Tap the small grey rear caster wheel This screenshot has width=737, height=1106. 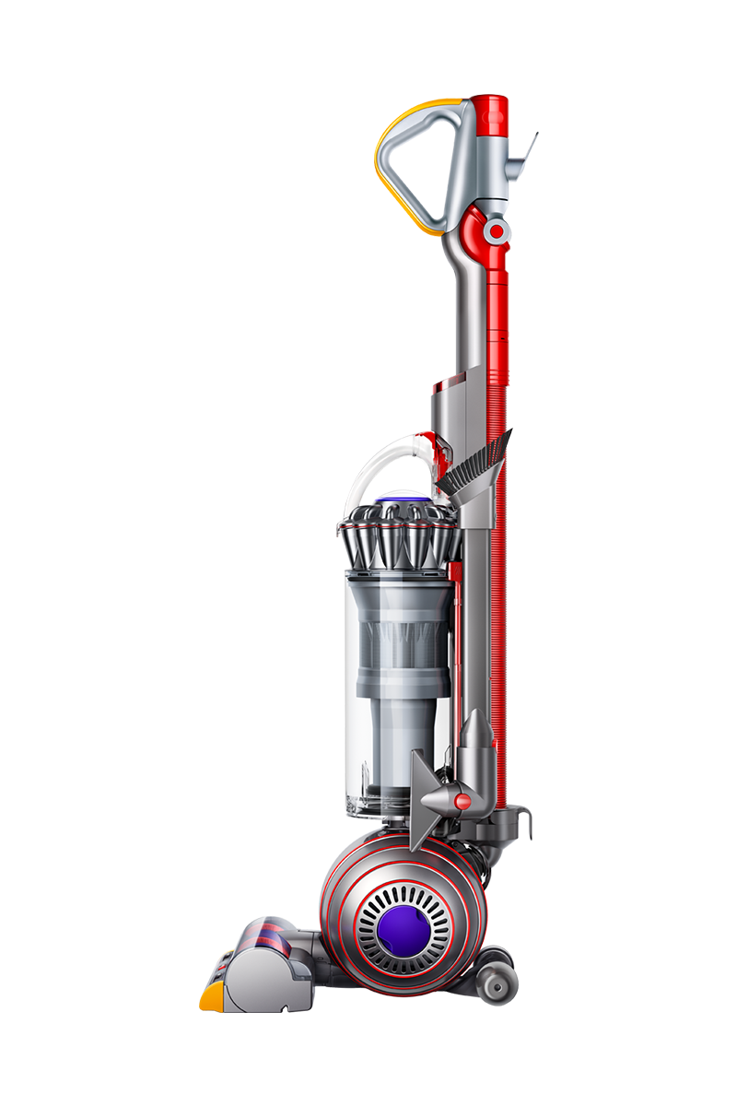tap(498, 986)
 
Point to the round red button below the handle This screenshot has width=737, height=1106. tap(497, 231)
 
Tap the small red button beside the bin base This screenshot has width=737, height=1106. tap(462, 802)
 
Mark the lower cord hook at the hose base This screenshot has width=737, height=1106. tap(521, 816)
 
